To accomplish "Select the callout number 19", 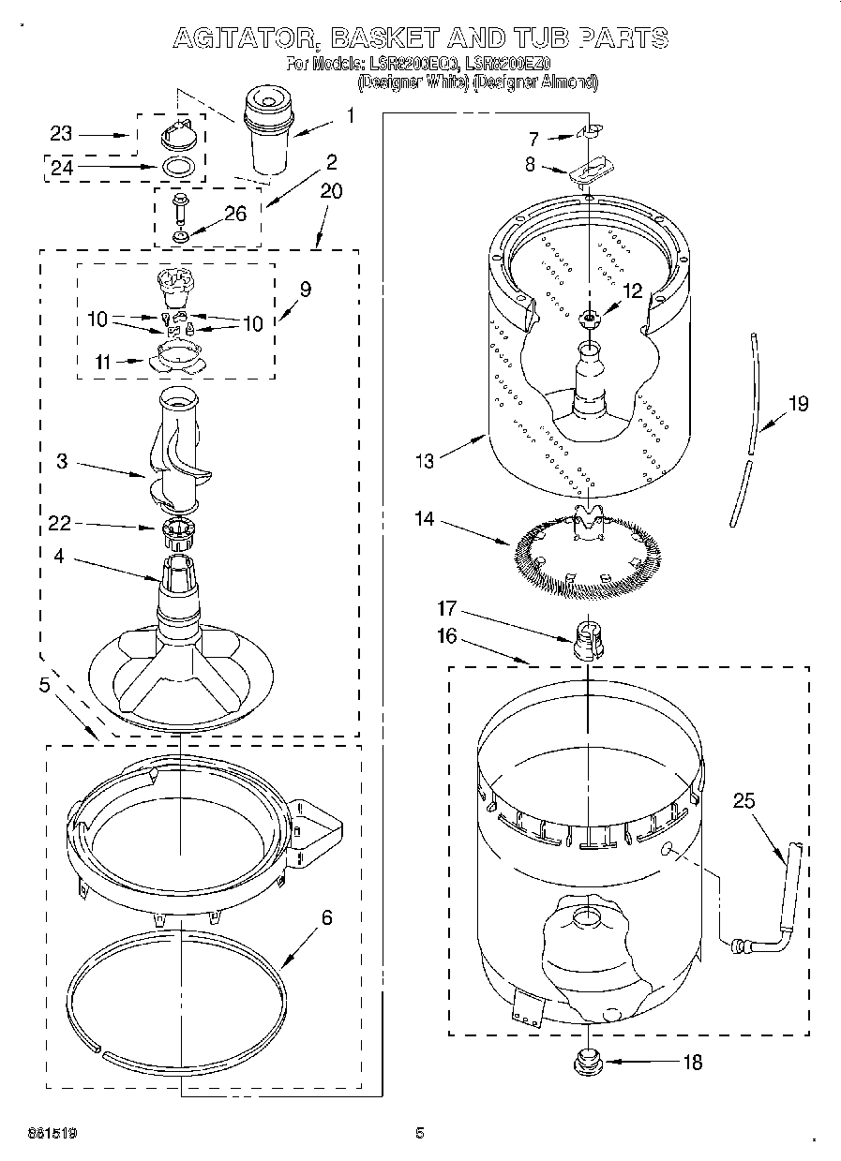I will (x=797, y=404).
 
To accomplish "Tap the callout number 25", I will (x=743, y=801).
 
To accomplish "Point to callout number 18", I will (x=692, y=1062).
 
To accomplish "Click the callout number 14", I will (x=426, y=517).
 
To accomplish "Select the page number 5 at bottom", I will (x=420, y=1133).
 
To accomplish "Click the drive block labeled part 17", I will (x=586, y=639).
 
